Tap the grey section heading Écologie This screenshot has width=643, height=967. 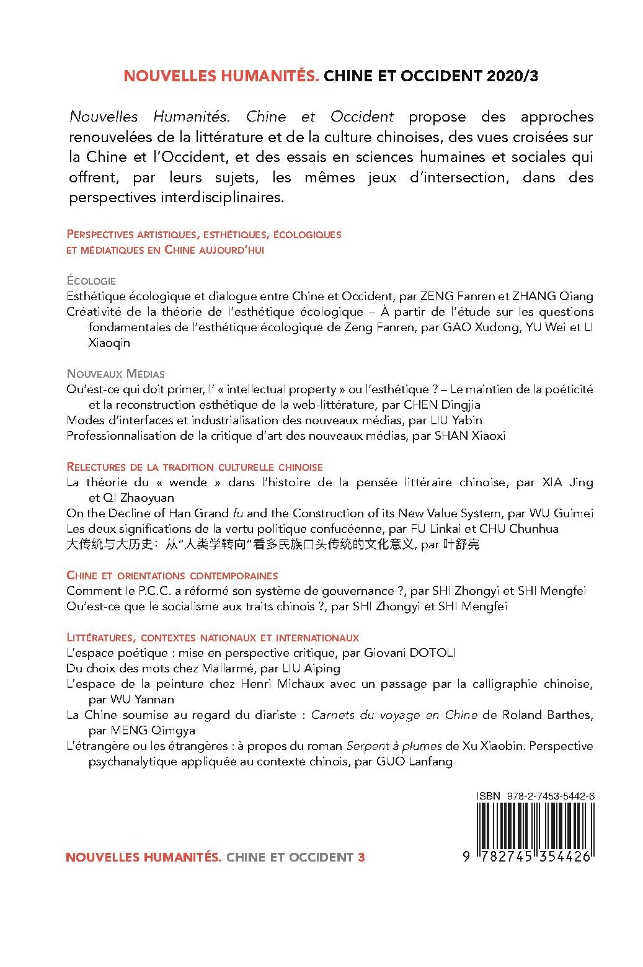point(91,280)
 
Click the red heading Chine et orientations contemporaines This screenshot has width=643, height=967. point(172,576)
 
